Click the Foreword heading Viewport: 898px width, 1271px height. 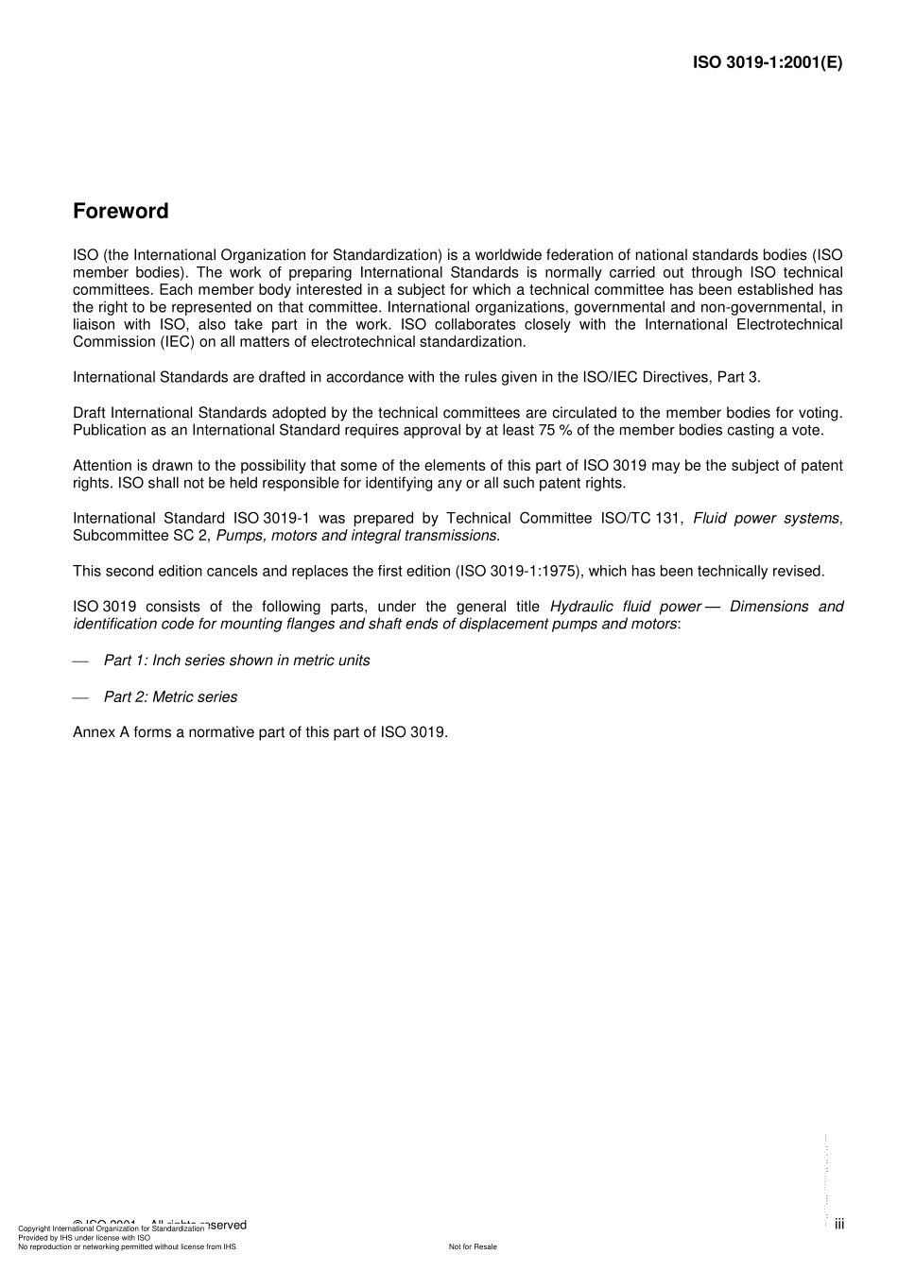120,212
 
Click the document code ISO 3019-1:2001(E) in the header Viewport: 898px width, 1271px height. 767,63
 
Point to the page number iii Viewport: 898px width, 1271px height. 839,1225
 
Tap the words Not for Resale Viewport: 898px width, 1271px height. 473,1246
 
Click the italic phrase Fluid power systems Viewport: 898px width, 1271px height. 766,518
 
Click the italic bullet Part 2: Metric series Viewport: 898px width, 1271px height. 170,696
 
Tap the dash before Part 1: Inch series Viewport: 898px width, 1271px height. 80,661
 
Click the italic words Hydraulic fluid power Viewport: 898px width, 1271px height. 625,607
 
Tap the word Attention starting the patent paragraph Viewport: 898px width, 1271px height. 103,465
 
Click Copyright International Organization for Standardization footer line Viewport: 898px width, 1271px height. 111,1228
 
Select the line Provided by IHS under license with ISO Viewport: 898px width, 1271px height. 84,1238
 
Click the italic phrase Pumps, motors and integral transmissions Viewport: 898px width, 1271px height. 356,536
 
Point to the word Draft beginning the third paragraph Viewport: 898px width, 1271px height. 90,412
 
